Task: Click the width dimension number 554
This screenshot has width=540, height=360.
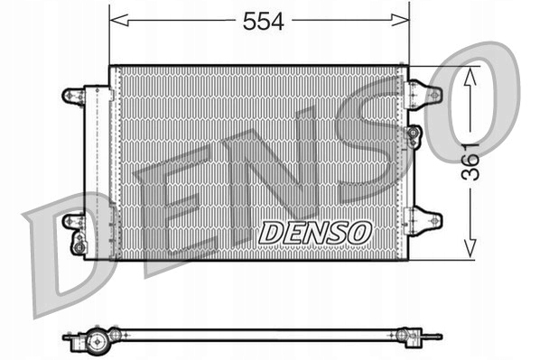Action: (x=263, y=23)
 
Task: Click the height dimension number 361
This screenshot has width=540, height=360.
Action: (x=469, y=162)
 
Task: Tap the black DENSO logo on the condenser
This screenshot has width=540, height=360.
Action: (x=315, y=232)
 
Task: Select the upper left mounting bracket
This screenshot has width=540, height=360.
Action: (x=72, y=94)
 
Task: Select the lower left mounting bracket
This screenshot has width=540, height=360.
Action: (x=72, y=220)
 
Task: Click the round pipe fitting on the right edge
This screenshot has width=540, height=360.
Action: (x=414, y=135)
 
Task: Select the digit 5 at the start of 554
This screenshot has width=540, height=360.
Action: (x=249, y=23)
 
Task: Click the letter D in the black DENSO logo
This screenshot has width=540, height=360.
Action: (x=272, y=232)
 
